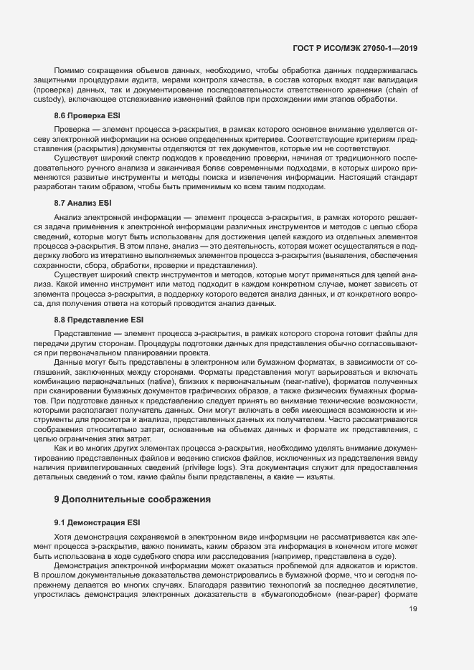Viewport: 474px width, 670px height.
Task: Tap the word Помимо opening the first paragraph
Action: coord(68,72)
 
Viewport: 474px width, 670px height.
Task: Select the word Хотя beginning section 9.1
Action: coord(65,537)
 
